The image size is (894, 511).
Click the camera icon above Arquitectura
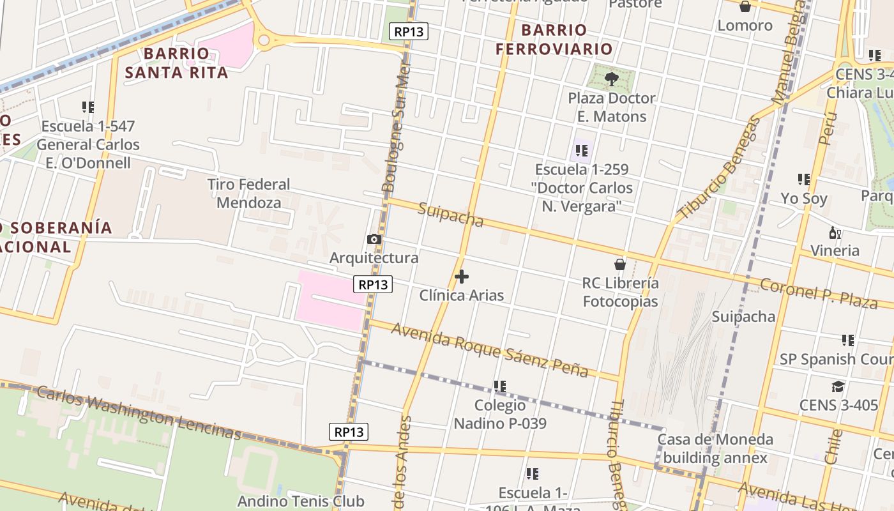(374, 240)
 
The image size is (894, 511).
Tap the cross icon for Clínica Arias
(462, 277)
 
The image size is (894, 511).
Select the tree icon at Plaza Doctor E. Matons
(612, 79)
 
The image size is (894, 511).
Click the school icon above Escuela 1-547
(87, 107)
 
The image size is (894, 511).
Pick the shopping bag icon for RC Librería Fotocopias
(619, 264)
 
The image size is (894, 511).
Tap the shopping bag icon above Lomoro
(745, 7)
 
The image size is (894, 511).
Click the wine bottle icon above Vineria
(833, 232)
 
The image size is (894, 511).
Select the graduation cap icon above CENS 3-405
(838, 386)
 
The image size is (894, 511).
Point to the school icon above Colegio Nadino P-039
(500, 386)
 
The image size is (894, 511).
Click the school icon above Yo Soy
(803, 179)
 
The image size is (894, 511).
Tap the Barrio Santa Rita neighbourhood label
(176, 63)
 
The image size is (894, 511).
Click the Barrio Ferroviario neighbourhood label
(554, 39)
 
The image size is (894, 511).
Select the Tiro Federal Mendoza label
(248, 194)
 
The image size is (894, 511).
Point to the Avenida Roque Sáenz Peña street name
(489, 349)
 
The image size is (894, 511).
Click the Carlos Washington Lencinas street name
(139, 413)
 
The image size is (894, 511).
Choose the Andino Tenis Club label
(301, 501)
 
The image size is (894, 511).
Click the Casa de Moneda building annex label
(715, 448)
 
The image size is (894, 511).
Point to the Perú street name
(828, 129)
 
